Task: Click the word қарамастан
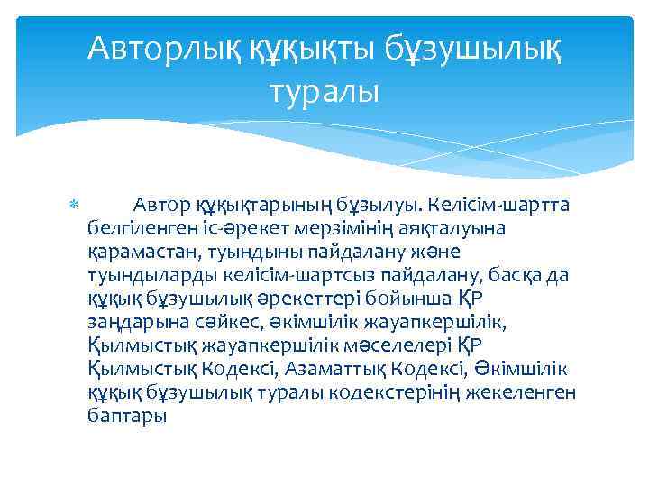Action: click(138, 252)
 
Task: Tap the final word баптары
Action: click(128, 416)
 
